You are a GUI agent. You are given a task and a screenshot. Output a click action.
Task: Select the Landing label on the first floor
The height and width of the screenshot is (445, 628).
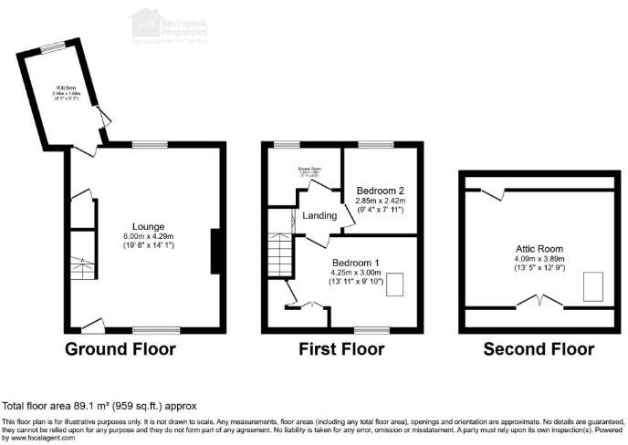(318, 216)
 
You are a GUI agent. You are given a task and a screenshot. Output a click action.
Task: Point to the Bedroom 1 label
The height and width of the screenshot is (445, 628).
(360, 261)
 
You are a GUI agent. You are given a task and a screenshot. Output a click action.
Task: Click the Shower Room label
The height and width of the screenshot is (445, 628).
(304, 168)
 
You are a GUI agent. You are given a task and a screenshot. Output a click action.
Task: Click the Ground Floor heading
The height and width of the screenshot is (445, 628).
(120, 349)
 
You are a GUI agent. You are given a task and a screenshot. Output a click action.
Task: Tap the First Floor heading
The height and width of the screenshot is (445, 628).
(341, 349)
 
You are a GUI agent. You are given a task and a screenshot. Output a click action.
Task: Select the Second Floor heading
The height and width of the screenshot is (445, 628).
(538, 349)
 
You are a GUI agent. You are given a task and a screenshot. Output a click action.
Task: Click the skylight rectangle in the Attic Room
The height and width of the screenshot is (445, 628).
(594, 287)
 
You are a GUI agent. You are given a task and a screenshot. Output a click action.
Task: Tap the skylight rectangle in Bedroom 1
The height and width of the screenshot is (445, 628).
(398, 285)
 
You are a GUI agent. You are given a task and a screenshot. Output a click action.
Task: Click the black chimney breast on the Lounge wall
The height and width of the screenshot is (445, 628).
(216, 251)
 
